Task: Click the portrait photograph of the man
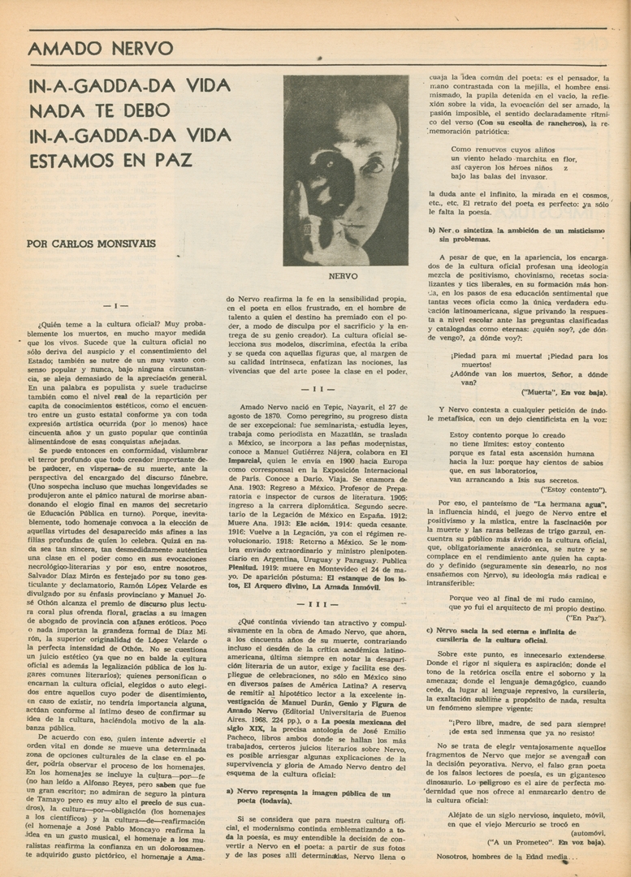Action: pyautogui.click(x=345, y=171)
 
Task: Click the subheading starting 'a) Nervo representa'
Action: pyautogui.click(x=309, y=797)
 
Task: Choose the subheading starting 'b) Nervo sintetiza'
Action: pyautogui.click(x=516, y=235)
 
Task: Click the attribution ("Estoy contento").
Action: pyautogui.click(x=573, y=490)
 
